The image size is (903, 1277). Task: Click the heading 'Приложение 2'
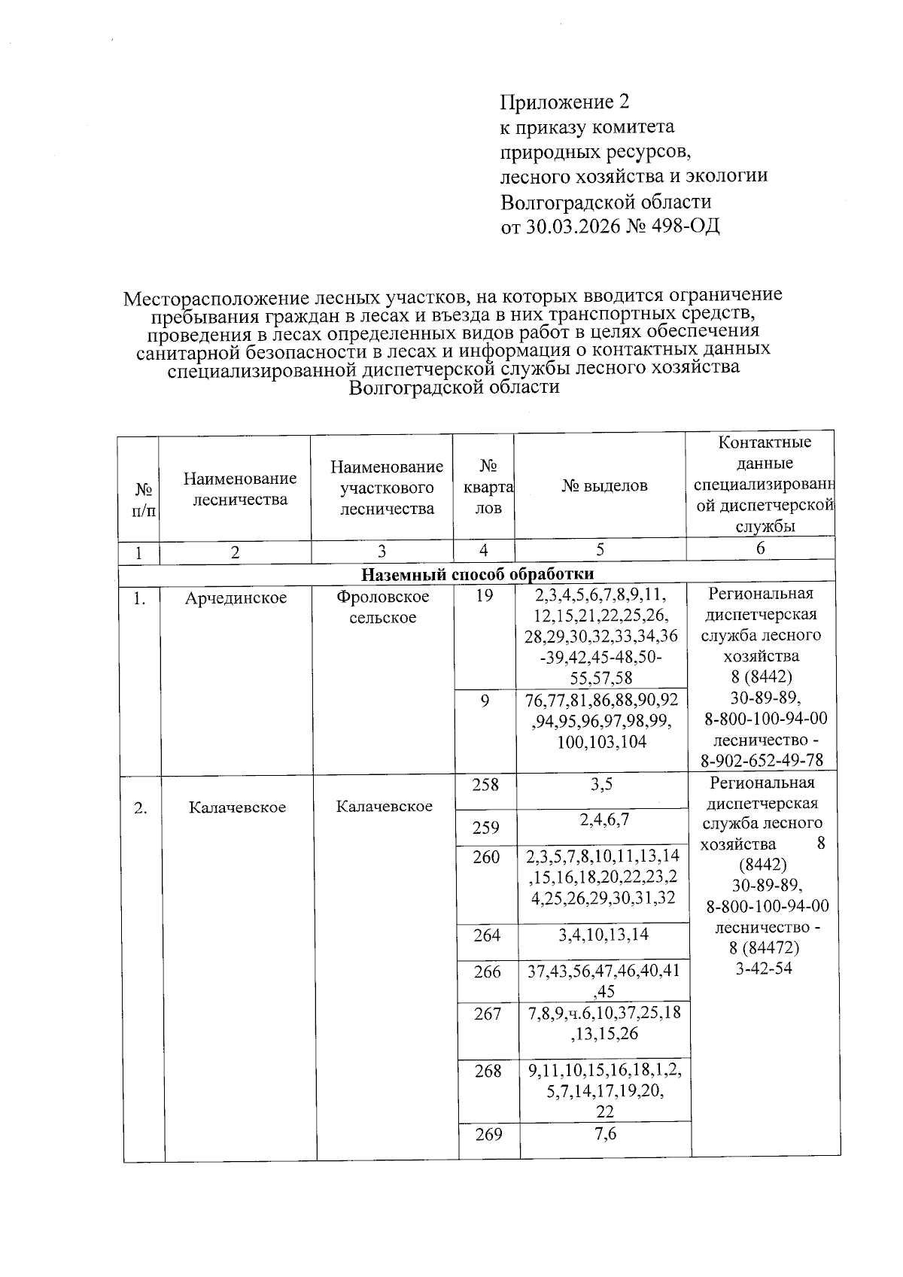pyautogui.click(x=564, y=102)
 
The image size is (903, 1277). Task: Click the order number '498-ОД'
pyautogui.click(x=683, y=226)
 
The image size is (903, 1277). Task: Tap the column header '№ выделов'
pyautogui.click(x=604, y=486)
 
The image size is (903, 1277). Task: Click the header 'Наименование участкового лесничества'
pyautogui.click(x=387, y=488)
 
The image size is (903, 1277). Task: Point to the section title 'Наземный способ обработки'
pyautogui.click(x=478, y=574)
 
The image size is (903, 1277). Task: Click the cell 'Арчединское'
pyautogui.click(x=236, y=598)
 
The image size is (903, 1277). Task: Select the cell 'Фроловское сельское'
pyautogui.click(x=383, y=607)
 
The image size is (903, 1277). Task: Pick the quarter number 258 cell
pyautogui.click(x=485, y=785)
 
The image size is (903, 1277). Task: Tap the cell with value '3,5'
pyautogui.click(x=602, y=785)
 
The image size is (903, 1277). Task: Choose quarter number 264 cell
pyautogui.click(x=487, y=935)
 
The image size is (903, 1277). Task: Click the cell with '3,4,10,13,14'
pyautogui.click(x=604, y=935)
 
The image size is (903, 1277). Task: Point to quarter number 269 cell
pyautogui.click(x=488, y=1134)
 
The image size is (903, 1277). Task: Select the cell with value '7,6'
pyautogui.click(x=605, y=1133)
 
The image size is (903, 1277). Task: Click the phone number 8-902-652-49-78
pyautogui.click(x=762, y=761)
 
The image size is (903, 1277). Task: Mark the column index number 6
pyautogui.click(x=760, y=549)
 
